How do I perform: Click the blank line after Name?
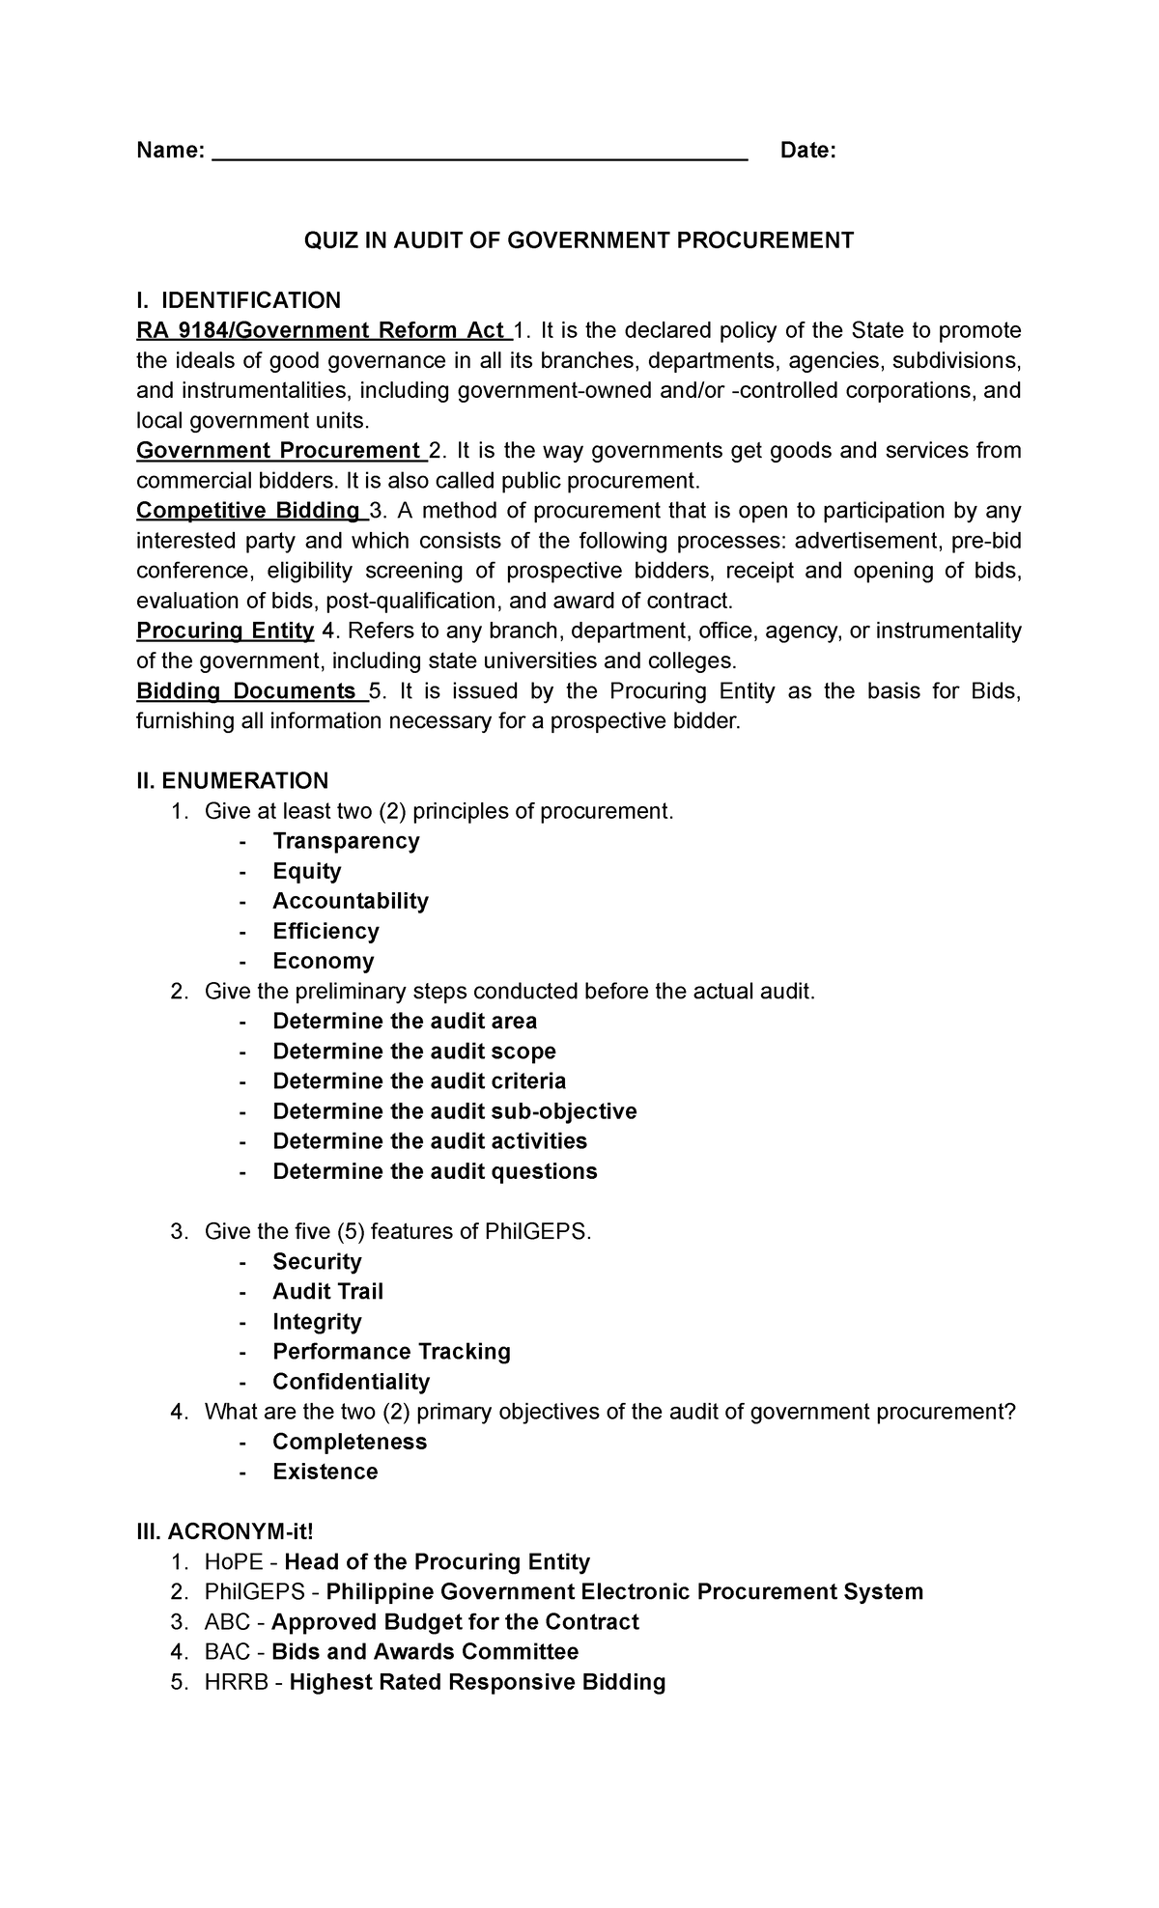tap(479, 153)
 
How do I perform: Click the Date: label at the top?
tap(807, 151)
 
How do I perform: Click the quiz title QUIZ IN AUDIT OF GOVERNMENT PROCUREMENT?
tap(579, 240)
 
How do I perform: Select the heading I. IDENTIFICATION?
tap(239, 300)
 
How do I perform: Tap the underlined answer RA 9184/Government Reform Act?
tap(323, 330)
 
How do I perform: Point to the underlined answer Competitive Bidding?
tap(247, 511)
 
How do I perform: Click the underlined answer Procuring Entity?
tap(225, 631)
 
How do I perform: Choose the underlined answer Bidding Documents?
tap(248, 691)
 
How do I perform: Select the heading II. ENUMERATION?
tap(232, 780)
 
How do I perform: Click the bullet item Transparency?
tap(346, 841)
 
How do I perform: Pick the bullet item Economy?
tap(323, 961)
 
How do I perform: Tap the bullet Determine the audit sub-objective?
tap(454, 1111)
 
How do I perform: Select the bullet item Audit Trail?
tap(327, 1292)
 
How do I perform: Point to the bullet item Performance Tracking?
tap(391, 1352)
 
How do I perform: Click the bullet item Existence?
tap(325, 1472)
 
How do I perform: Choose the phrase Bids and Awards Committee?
tap(425, 1652)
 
